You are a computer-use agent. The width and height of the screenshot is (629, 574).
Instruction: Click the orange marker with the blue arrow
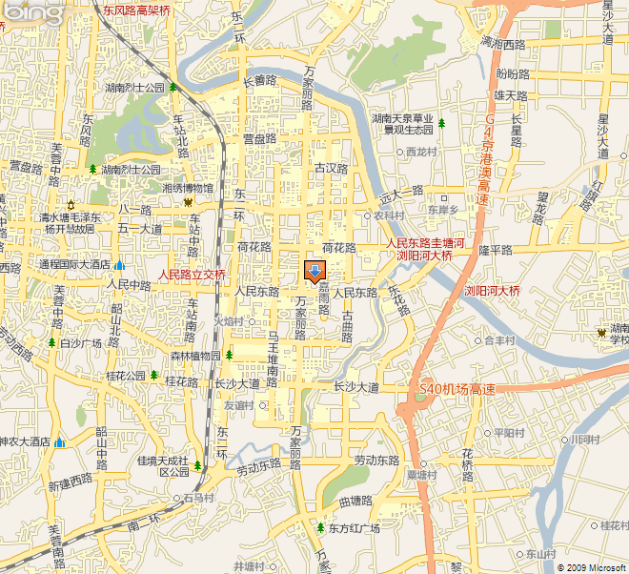click(x=314, y=272)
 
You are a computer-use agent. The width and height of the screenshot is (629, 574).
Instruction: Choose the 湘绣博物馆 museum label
click(x=188, y=188)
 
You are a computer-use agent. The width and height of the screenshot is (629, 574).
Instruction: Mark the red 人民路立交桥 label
click(x=192, y=275)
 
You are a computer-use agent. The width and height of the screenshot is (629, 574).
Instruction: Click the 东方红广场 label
click(x=354, y=527)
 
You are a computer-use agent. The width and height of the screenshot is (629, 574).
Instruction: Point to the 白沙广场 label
click(x=81, y=342)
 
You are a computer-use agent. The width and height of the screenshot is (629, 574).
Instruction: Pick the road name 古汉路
click(x=333, y=168)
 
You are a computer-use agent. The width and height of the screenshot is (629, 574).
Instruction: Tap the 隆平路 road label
click(x=496, y=249)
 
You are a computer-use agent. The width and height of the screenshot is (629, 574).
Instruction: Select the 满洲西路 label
click(x=503, y=44)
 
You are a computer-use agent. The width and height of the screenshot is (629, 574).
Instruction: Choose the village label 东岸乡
click(x=442, y=209)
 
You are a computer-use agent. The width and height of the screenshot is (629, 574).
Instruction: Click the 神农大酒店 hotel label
click(x=25, y=441)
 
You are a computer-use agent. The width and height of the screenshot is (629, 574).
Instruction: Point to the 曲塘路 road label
click(x=355, y=500)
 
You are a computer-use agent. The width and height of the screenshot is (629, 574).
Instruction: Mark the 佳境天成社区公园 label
click(x=163, y=465)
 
